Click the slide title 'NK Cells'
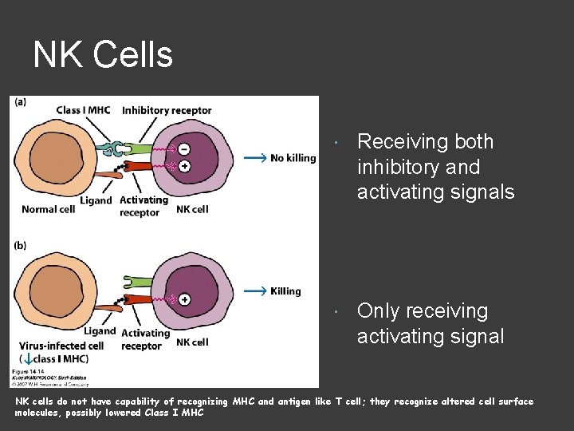(103, 55)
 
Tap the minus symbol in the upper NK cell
(184, 149)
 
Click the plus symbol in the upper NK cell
(184, 166)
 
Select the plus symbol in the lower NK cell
(184, 299)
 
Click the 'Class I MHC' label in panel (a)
(83, 110)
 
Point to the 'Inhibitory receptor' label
(167, 110)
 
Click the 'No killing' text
(293, 158)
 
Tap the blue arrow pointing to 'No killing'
(254, 158)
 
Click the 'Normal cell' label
(49, 209)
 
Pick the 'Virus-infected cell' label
(61, 346)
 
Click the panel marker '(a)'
(18, 102)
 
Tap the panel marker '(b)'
(18, 244)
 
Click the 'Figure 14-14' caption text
(32, 372)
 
